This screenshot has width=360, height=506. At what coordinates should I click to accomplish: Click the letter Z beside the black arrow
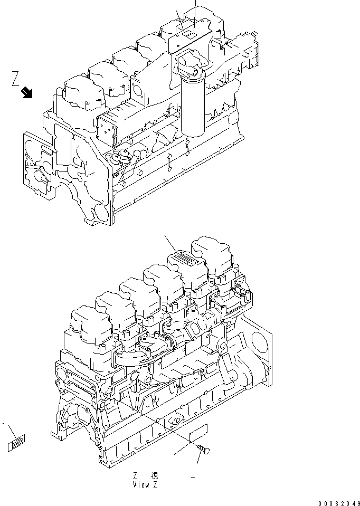coord(16,79)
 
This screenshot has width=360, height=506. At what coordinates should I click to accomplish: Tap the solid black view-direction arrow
coord(26,93)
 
